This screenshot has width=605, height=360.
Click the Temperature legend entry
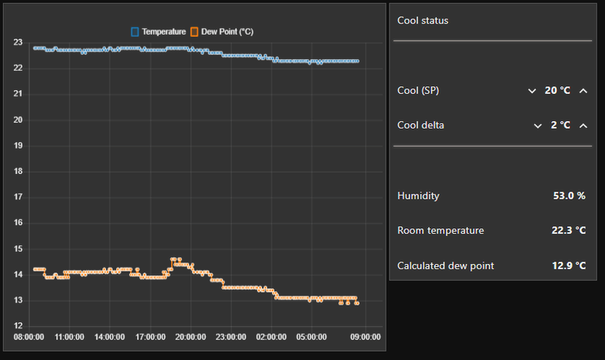158,32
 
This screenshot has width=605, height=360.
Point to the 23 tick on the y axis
17,42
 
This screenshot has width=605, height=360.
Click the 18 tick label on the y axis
17,172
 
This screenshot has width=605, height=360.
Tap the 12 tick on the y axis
17,326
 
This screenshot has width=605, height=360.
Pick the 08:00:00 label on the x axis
29,337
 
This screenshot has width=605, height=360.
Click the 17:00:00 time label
150,337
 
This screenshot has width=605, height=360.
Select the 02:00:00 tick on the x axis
271,337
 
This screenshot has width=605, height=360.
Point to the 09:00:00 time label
365,337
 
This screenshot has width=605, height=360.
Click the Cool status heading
423,20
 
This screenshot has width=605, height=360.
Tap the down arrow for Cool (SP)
532,91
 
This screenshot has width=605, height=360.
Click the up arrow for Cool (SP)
583,91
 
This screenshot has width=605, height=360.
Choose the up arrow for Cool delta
583,125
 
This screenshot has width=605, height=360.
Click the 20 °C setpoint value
557,91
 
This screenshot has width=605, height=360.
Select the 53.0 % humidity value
569,196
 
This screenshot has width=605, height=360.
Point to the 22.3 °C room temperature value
569,231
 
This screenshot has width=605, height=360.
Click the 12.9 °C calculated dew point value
569,265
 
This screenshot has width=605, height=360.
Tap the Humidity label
418,196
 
